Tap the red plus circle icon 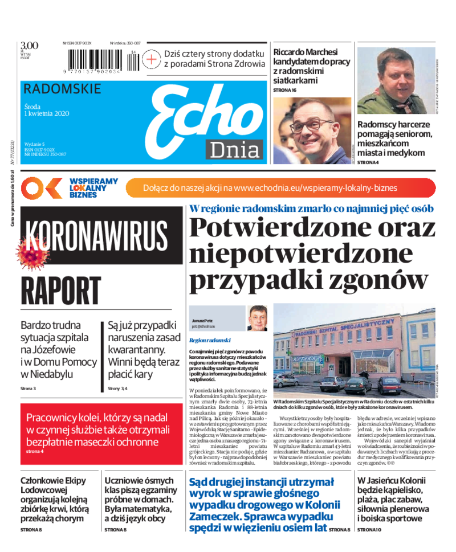pos(150,58)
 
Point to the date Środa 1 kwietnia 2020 pos(47,109)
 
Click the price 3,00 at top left pos(29,46)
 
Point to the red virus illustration pos(35,254)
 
